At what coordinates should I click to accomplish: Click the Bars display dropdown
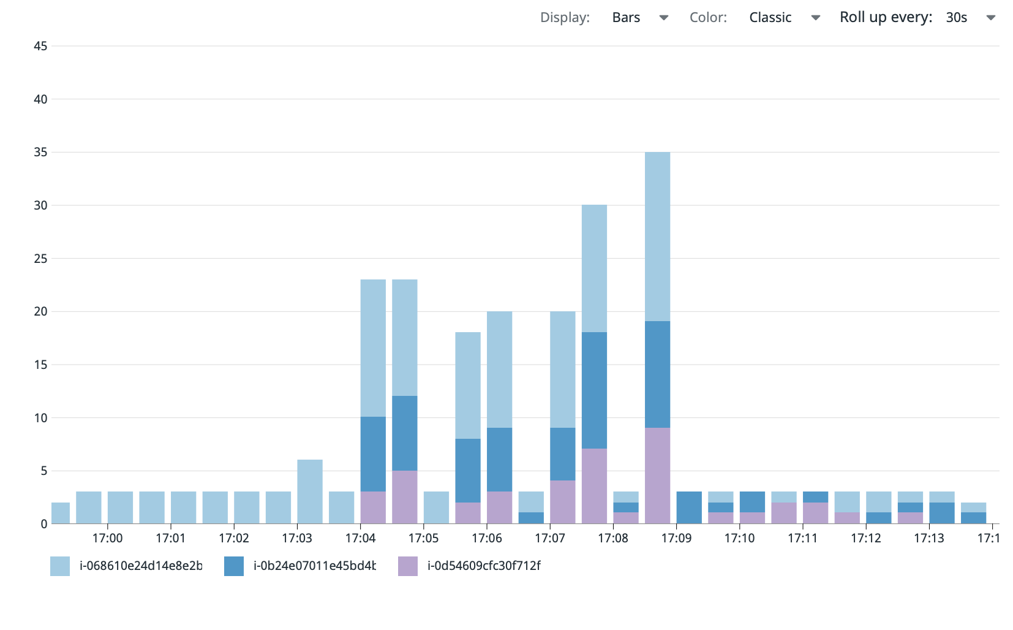click(x=639, y=18)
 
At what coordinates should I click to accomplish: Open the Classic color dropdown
click(x=783, y=18)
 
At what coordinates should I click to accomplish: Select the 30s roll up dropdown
click(x=970, y=18)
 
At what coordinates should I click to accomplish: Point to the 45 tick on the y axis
click(x=40, y=46)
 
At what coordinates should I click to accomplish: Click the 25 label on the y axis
click(x=40, y=259)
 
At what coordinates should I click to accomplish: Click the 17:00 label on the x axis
click(x=107, y=538)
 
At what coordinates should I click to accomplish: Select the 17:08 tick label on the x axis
click(x=613, y=538)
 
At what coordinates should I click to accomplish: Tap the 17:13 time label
click(x=929, y=538)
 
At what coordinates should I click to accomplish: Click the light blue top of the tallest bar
click(x=657, y=236)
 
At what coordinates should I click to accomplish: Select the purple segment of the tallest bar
click(x=657, y=476)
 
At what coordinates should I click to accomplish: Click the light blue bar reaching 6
click(x=310, y=491)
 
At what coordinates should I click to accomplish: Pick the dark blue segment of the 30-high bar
click(x=594, y=390)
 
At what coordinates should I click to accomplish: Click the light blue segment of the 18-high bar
click(x=468, y=385)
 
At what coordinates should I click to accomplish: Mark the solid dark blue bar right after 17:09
click(x=689, y=507)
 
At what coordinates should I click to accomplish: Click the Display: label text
click(x=565, y=18)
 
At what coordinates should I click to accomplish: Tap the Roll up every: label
click(x=886, y=18)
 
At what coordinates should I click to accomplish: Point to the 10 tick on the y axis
click(x=40, y=418)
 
